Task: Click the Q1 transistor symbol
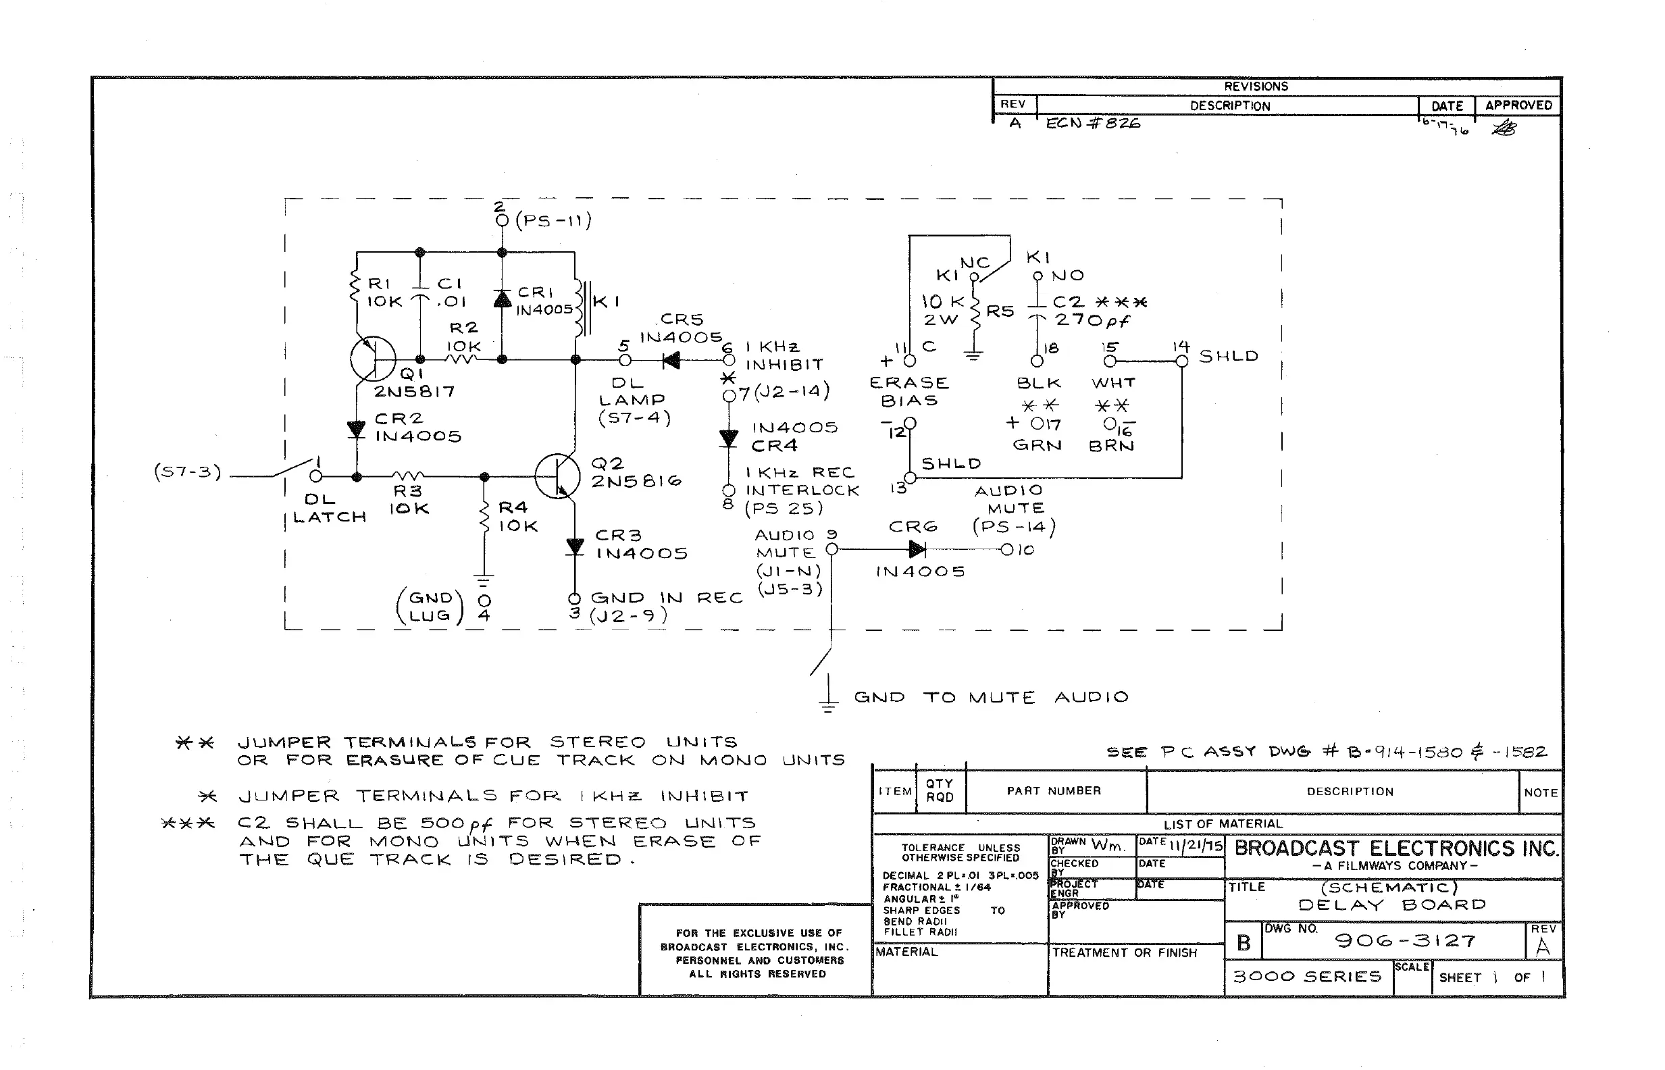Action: pos(373,359)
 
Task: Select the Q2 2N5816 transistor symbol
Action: pos(558,477)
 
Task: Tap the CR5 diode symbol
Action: pos(671,360)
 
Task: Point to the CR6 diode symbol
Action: pos(917,550)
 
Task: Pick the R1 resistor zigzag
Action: pos(356,289)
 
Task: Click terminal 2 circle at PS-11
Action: pos(501,220)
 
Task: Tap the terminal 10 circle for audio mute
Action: pos(1006,550)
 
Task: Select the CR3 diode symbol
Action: pos(574,546)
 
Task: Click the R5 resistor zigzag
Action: pos(975,311)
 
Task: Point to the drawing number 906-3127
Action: pos(1405,941)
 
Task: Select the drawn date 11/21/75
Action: pos(1196,845)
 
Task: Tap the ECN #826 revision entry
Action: pos(1093,123)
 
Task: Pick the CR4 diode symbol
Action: pos(728,438)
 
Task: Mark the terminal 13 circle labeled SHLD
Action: pos(910,478)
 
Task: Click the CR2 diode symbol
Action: pos(357,429)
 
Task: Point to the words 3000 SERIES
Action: pos(1307,976)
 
